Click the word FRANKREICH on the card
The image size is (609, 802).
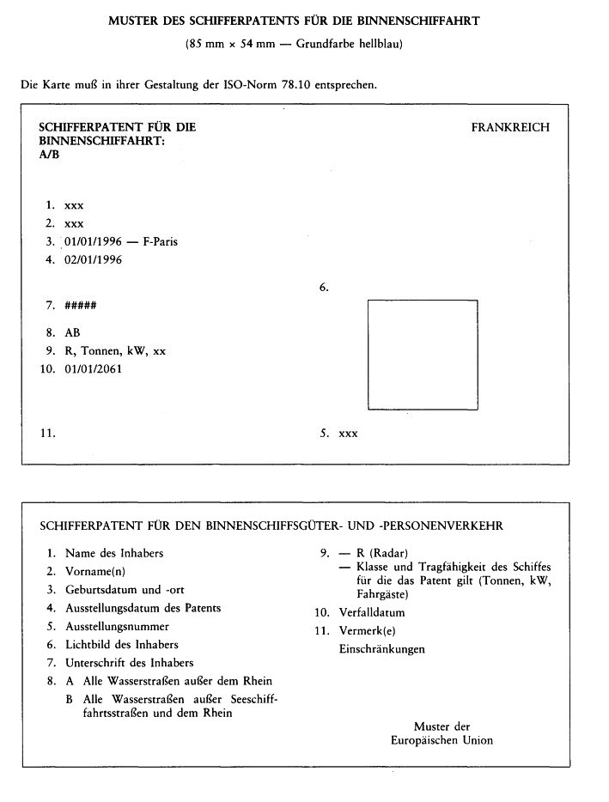(510, 128)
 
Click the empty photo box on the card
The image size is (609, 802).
(422, 354)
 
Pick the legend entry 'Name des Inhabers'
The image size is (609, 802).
(114, 553)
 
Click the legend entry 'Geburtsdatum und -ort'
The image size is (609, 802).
(125, 590)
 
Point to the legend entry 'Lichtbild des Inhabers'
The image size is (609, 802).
(122, 644)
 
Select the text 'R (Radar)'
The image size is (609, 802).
(381, 553)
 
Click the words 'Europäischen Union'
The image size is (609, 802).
(442, 739)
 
